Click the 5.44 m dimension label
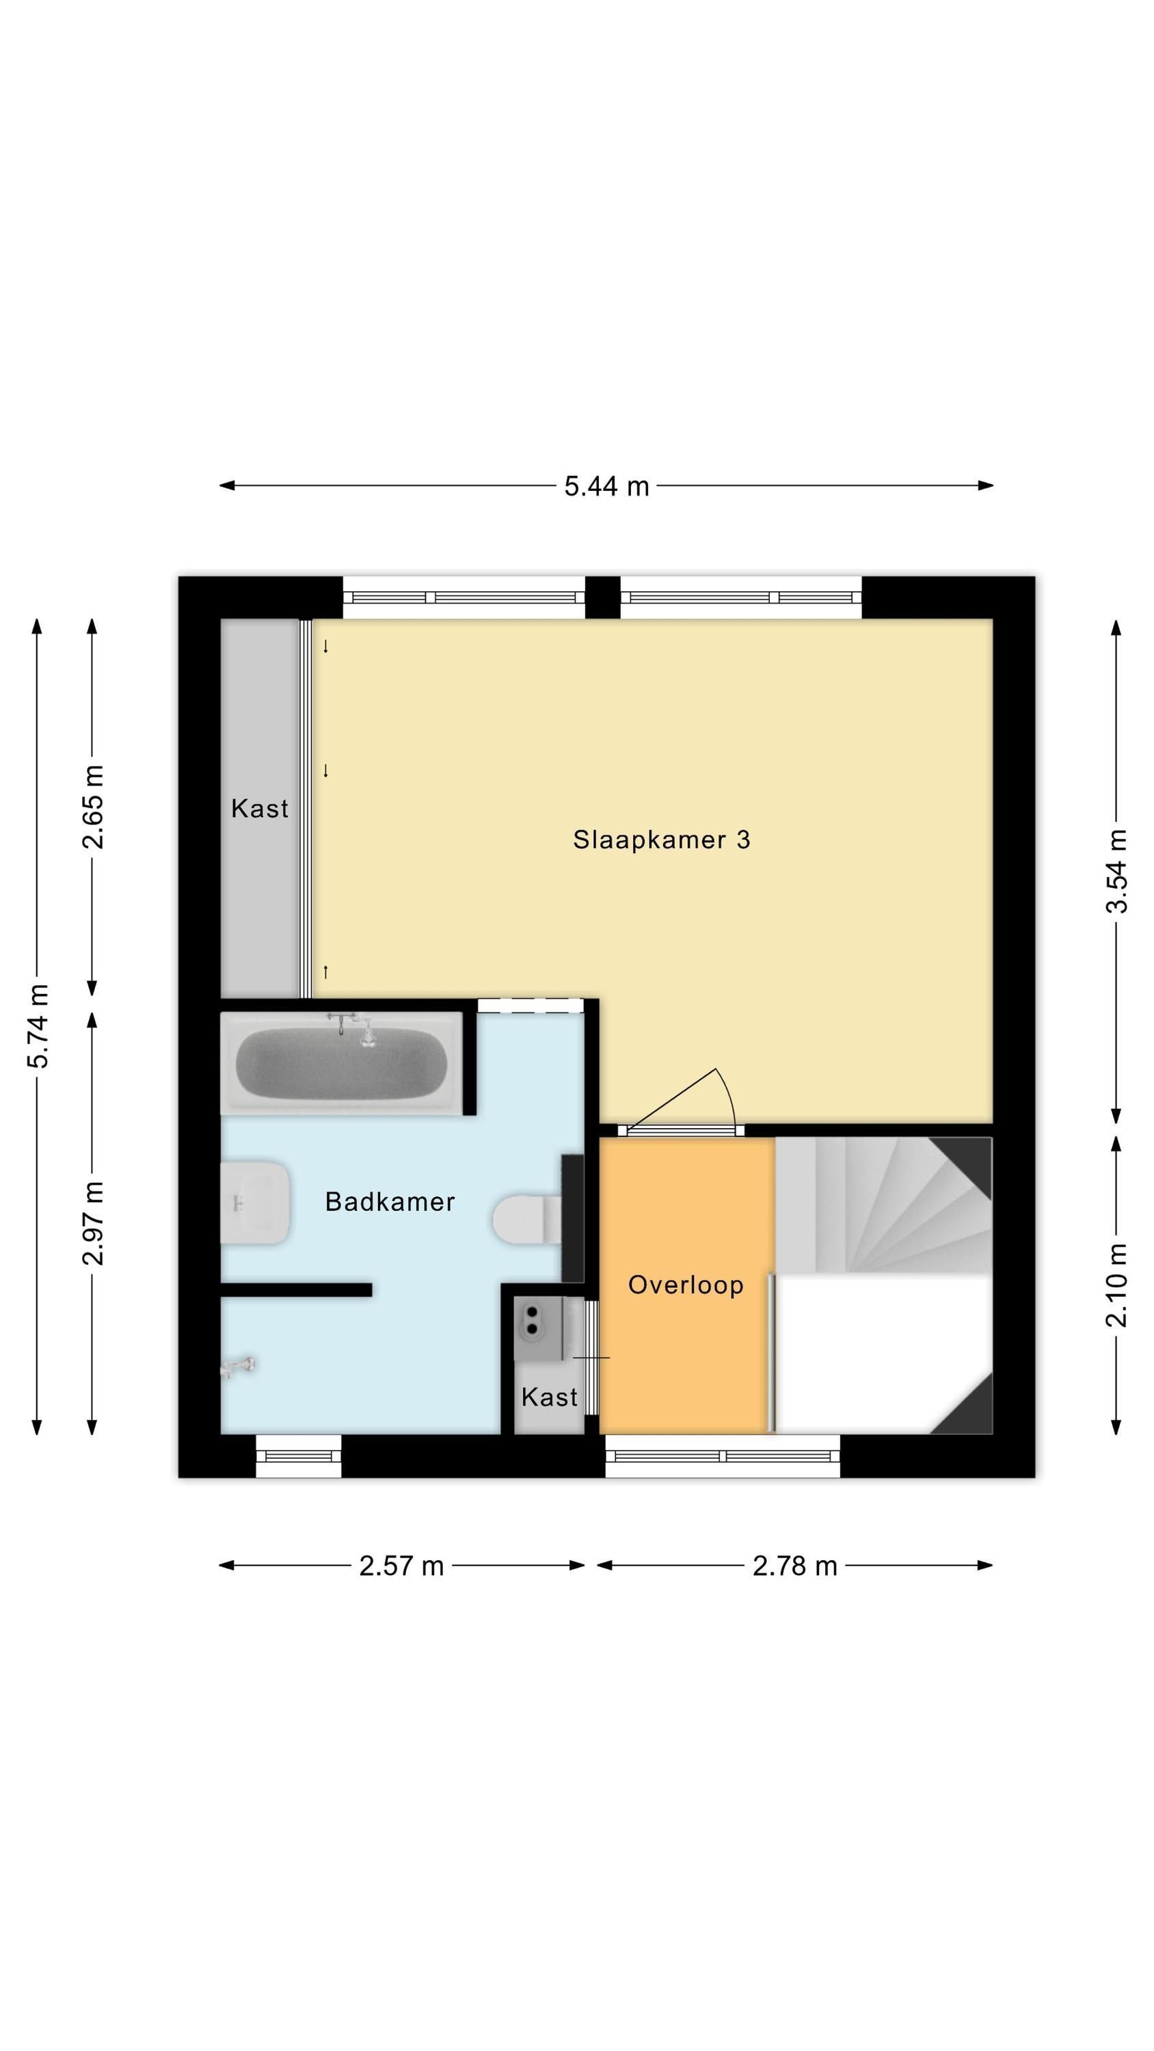pos(606,485)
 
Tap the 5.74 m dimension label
pos(38,1026)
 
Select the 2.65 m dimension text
pos(93,807)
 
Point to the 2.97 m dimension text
pos(93,1223)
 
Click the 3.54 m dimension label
pos(1116,871)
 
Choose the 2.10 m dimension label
pos(1116,1285)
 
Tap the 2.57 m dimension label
pos(401,1566)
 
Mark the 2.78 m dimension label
pos(795,1566)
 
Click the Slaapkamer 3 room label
pos(661,840)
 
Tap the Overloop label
pos(686,1284)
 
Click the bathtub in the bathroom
pos(342,1063)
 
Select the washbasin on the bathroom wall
pos(255,1203)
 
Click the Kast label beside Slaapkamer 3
pos(260,809)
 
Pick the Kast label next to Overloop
pos(550,1397)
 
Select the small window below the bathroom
pos(299,1456)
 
